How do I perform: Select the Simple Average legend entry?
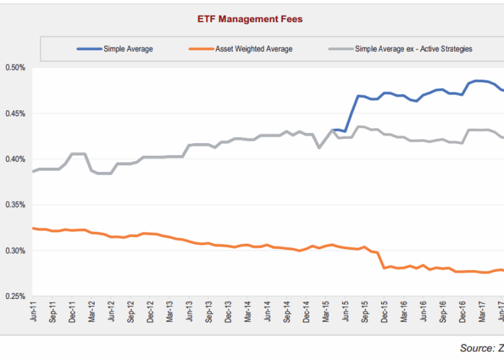pyautogui.click(x=128, y=49)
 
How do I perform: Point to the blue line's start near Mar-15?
pyautogui.click(x=333, y=130)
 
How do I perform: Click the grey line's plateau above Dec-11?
pyautogui.click(x=77, y=154)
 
